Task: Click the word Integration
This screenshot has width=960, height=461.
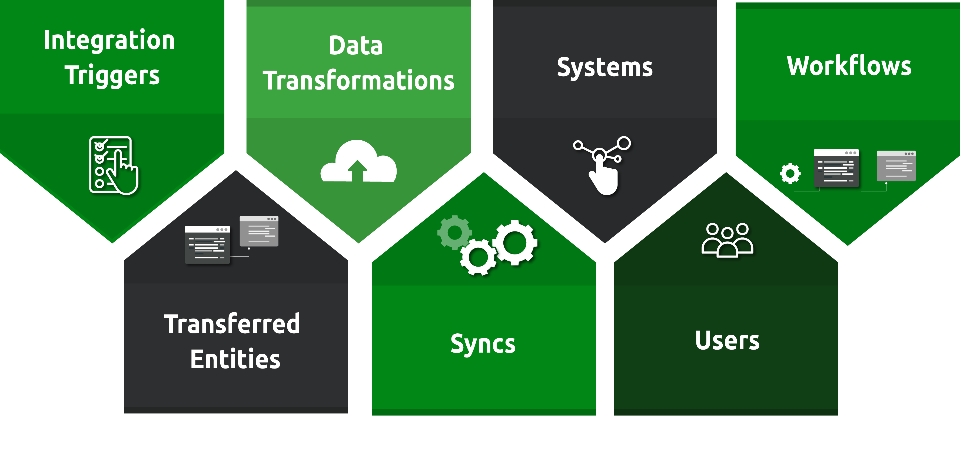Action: tap(109, 41)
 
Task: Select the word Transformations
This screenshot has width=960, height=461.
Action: tap(358, 81)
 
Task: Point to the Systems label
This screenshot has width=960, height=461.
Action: tap(604, 67)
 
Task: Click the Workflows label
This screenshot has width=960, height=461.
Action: tap(849, 66)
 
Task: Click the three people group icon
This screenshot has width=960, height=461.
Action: tap(727, 240)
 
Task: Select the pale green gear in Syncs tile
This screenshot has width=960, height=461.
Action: tap(454, 233)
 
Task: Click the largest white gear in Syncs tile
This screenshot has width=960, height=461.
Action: tap(515, 243)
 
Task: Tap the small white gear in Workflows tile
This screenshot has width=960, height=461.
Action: tap(790, 173)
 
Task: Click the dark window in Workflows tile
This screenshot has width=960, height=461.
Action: tap(836, 168)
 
